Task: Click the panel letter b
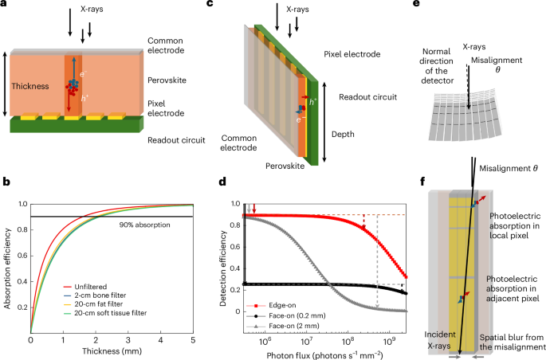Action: pos(6,182)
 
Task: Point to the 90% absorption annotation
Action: pos(144,225)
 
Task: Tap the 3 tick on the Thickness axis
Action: pos(128,340)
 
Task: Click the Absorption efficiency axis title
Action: pos(7,268)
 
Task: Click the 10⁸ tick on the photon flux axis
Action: pos(348,341)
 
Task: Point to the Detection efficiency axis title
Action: pos(223,268)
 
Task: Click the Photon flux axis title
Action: pos(324,355)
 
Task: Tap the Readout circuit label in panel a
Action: pos(176,140)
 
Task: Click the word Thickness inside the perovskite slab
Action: pos(30,86)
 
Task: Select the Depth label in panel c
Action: pos(343,134)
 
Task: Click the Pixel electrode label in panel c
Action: pos(352,54)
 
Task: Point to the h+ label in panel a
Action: pos(84,99)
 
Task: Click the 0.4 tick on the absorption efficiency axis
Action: pos(22,281)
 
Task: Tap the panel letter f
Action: pos(422,182)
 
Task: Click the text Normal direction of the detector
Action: pos(437,66)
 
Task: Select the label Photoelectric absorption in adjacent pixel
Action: pos(513,288)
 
